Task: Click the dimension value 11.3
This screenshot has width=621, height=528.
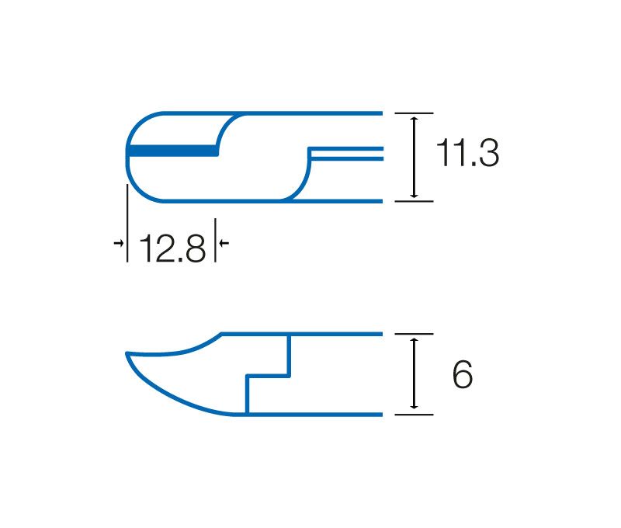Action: click(x=467, y=152)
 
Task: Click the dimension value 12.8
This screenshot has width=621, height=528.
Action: click(x=172, y=248)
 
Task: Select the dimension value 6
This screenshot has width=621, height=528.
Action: click(x=462, y=374)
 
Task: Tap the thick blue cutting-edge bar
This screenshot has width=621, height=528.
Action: click(x=173, y=151)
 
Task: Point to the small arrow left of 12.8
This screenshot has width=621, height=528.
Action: click(x=119, y=242)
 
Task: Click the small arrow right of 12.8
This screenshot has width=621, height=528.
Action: click(x=224, y=242)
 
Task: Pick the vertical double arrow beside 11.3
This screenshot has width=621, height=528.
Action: click(x=415, y=158)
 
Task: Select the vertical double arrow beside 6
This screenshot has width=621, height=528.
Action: click(x=415, y=373)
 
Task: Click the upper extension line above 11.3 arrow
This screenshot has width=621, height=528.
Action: click(x=414, y=113)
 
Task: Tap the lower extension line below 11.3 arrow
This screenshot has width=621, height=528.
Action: click(x=414, y=201)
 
